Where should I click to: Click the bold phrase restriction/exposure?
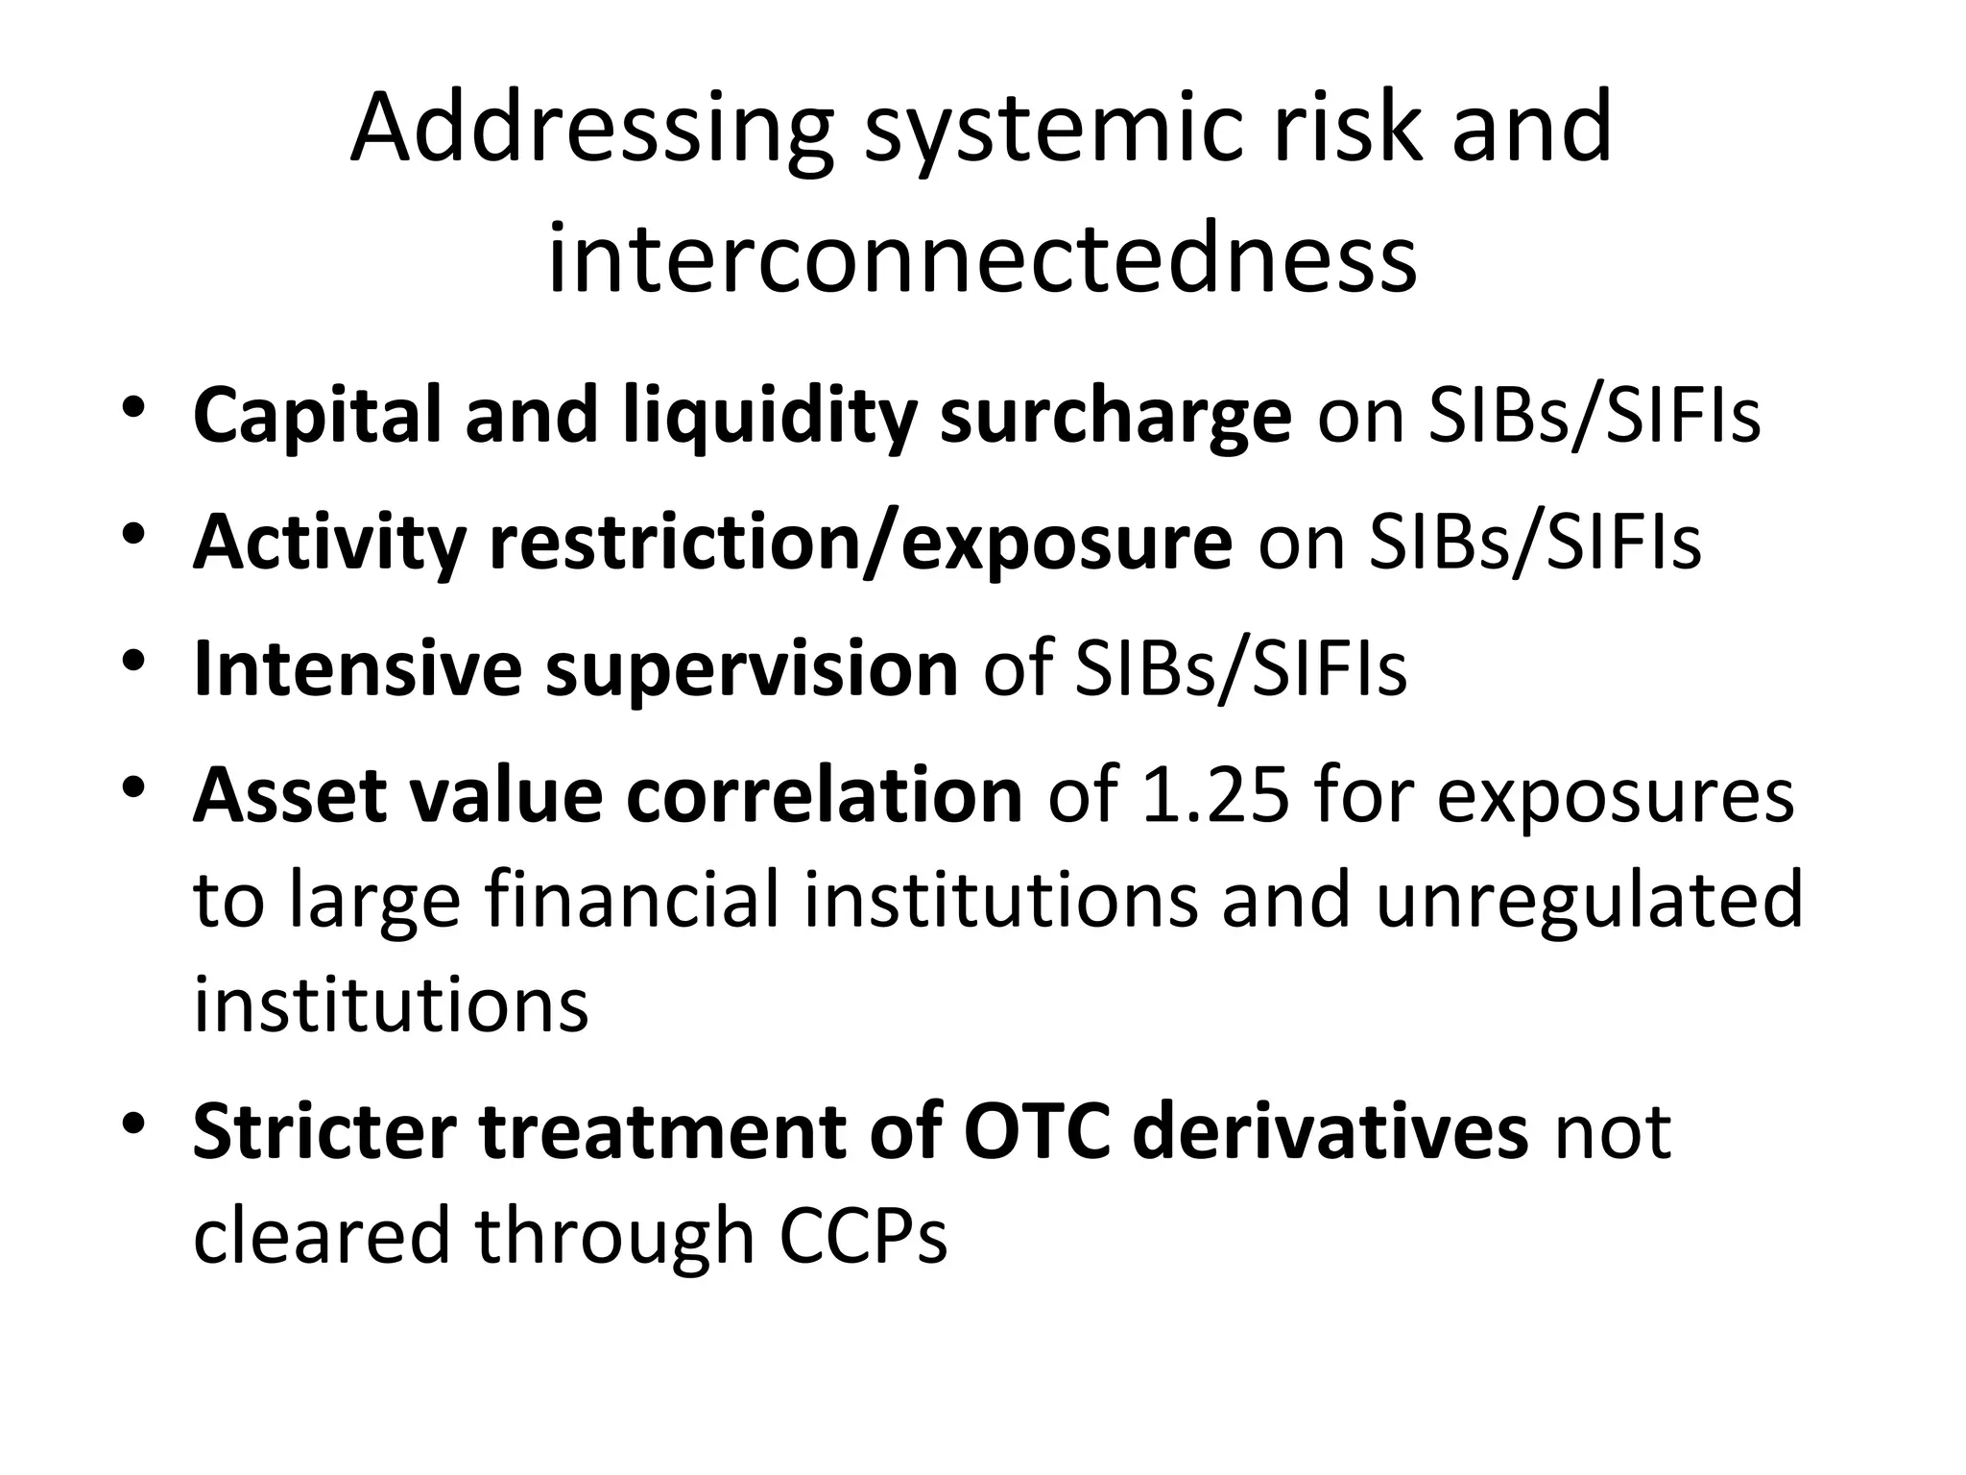860,543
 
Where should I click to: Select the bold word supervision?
752,668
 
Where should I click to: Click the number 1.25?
1215,795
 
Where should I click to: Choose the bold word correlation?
825,795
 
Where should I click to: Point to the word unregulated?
1589,899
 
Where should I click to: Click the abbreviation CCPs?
863,1235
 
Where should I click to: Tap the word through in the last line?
614,1235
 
